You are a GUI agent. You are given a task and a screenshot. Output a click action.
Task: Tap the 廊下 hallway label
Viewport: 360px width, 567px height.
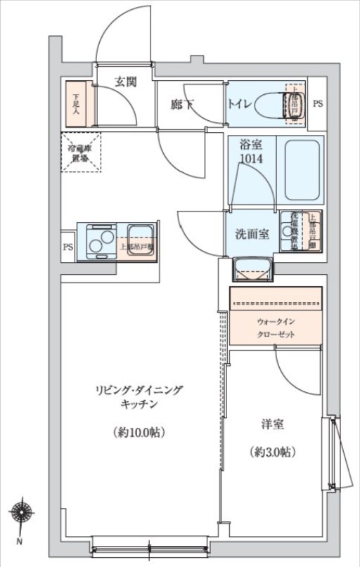(182, 105)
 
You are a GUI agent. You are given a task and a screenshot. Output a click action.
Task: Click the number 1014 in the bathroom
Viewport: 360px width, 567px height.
(251, 159)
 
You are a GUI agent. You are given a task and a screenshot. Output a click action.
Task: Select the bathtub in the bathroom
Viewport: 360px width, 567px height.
(300, 169)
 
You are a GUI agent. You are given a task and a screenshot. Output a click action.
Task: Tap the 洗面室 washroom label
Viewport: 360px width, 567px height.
(251, 235)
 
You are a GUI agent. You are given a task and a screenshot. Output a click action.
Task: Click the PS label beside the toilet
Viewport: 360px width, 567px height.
(318, 105)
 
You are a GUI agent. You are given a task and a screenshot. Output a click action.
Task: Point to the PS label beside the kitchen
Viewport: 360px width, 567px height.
(68, 247)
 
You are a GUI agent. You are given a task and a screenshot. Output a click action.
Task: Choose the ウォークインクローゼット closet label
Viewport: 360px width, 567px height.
(275, 328)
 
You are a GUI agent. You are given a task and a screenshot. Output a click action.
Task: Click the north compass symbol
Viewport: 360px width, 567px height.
(21, 515)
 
